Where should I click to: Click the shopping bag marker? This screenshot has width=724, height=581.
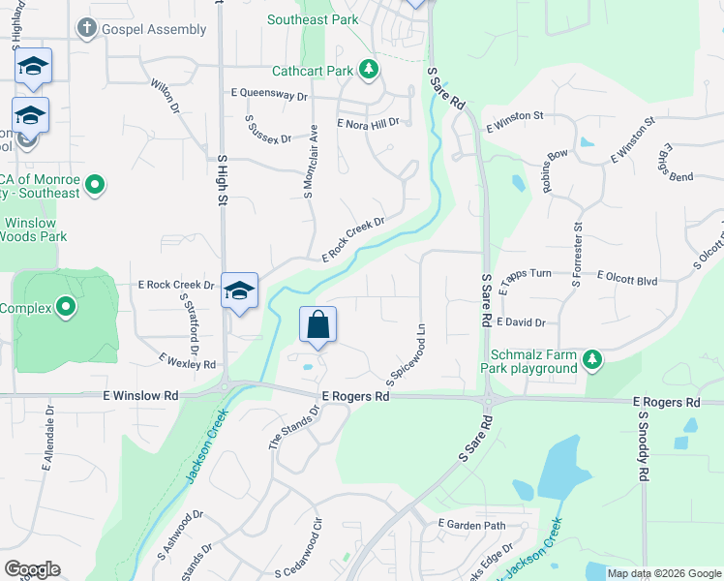(x=318, y=326)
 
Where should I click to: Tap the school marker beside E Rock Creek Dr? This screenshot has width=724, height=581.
(x=239, y=290)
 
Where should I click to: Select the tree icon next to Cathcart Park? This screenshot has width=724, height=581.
(x=368, y=69)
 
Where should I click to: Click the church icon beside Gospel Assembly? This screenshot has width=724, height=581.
(x=87, y=28)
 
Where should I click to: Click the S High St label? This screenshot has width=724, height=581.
(x=222, y=180)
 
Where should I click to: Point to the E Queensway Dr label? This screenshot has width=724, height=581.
(x=268, y=96)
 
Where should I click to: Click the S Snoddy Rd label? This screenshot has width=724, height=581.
(x=642, y=446)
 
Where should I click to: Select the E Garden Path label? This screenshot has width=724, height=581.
(x=471, y=525)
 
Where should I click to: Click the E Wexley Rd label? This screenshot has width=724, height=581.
(x=188, y=362)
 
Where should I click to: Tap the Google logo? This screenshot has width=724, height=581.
(x=32, y=569)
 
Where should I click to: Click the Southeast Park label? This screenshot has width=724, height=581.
(x=313, y=19)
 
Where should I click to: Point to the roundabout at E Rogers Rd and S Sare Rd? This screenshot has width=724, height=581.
(x=486, y=400)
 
